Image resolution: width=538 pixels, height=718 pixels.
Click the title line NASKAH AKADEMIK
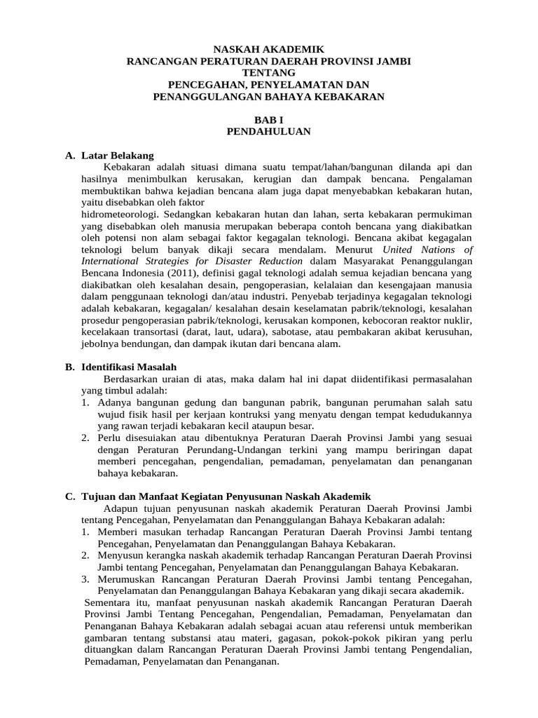click(269, 50)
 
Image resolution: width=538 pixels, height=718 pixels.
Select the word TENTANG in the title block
click(269, 73)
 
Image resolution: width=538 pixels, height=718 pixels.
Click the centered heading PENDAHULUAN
click(269, 131)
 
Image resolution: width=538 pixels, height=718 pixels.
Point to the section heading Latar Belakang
click(118, 155)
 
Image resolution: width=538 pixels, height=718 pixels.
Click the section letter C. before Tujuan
click(70, 496)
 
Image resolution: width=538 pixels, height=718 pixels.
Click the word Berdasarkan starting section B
click(132, 379)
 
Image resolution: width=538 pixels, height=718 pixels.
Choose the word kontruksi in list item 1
click(258, 414)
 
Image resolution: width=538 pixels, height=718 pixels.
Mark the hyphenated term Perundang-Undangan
click(228, 449)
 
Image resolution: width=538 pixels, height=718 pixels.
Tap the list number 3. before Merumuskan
click(84, 578)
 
